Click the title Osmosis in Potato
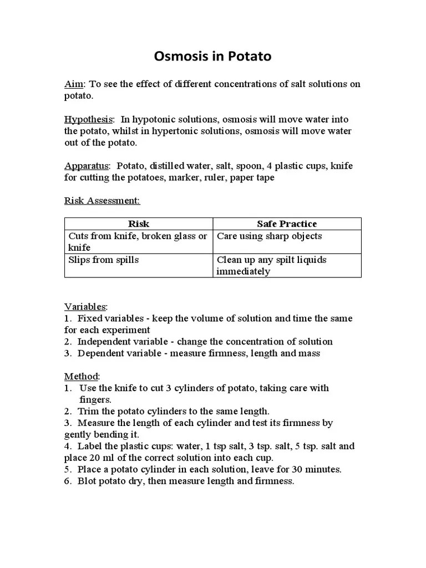pos(212,57)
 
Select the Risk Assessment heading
pos(103,200)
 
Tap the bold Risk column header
pos(139,224)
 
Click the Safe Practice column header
pos(287,224)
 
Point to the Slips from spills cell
pos(104,260)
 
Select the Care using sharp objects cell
pos(269,236)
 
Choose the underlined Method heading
pos(82,377)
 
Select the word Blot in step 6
pos(87,481)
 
